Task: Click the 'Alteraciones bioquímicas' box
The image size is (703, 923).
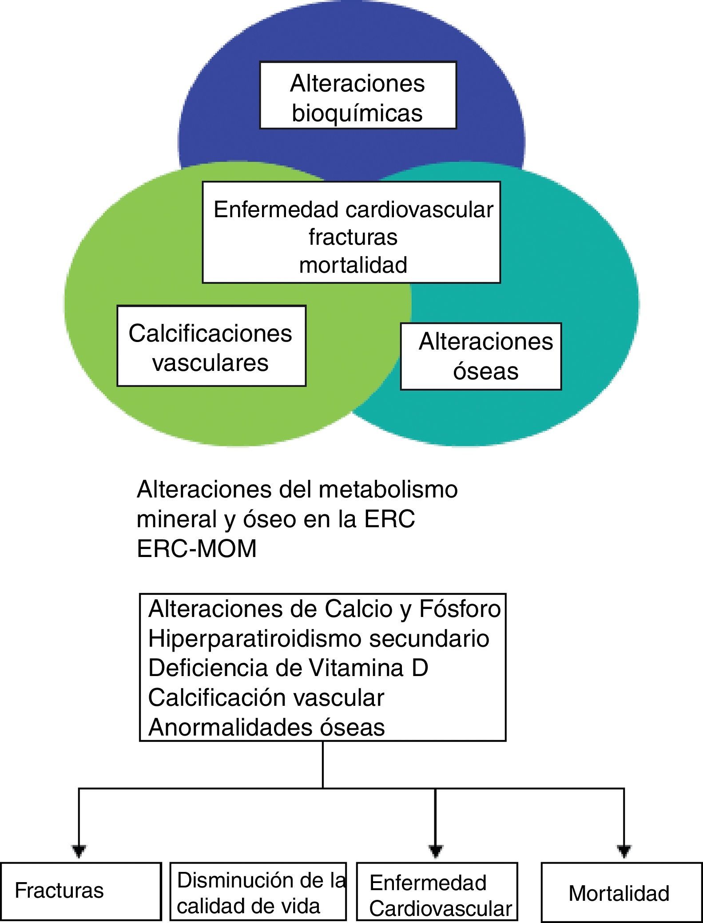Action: point(358,95)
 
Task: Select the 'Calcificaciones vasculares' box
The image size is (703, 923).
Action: point(211,346)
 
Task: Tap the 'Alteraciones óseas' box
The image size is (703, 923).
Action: point(481,357)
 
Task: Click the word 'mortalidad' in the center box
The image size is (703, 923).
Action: point(353,265)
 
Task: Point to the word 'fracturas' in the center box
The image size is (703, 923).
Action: point(353,237)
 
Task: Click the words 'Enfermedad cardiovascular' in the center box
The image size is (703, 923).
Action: point(353,210)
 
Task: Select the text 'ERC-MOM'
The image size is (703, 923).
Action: point(197,549)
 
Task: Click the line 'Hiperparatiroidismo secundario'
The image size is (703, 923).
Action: point(318,638)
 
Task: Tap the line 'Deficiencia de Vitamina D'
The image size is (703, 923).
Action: point(288,668)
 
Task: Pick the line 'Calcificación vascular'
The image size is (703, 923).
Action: point(266,697)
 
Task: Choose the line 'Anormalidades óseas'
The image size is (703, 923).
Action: point(266,727)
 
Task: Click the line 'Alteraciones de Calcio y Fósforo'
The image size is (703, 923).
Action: point(324,609)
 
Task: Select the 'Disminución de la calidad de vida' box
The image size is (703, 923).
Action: point(258,892)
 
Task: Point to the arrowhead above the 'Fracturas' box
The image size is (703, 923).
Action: point(79,851)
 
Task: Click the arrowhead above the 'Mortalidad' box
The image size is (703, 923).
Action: point(624,851)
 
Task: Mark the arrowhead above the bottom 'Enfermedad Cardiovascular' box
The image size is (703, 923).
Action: point(435,851)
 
